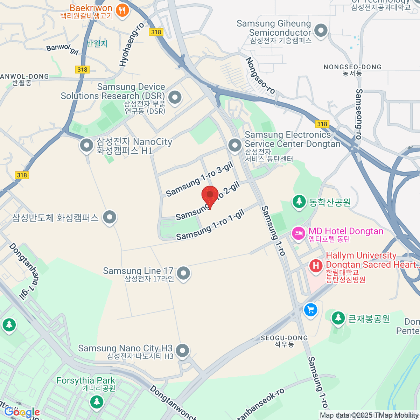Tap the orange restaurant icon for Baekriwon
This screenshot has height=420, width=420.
[x=122, y=10]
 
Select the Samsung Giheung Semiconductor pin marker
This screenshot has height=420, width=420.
[x=321, y=30]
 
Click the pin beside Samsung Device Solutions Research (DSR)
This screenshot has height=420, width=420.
[x=175, y=97]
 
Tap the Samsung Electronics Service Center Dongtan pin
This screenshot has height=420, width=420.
[x=234, y=145]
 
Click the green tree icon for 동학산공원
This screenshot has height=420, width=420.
[x=299, y=202]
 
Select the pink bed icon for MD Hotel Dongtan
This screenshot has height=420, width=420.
[x=299, y=233]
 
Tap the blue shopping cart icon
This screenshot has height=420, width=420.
[x=310, y=310]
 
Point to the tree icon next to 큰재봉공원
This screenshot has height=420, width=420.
[x=338, y=318]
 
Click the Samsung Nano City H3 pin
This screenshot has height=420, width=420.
[x=182, y=350]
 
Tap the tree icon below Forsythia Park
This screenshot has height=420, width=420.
[x=97, y=401]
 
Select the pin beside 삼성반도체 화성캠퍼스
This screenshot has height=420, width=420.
[x=110, y=217]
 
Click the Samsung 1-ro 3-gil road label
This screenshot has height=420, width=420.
[x=199, y=180]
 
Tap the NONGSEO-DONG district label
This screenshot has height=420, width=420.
[x=352, y=67]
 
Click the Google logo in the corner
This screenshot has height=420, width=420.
[x=22, y=412]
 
